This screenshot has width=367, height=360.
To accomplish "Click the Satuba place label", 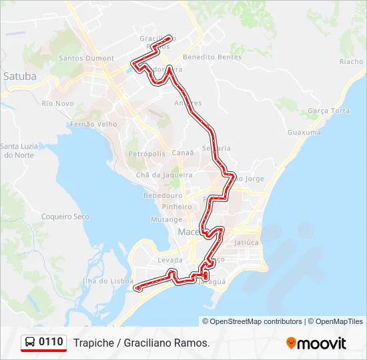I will click(x=20, y=76).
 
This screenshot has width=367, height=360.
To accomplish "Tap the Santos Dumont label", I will click(x=86, y=58).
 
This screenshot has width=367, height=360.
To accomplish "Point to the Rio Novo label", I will click(x=57, y=103).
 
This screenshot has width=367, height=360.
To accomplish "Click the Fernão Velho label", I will click(x=93, y=124).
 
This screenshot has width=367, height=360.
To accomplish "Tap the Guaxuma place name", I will click(x=304, y=133).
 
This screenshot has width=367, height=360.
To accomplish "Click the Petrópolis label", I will click(x=146, y=153).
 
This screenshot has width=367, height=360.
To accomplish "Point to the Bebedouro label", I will click(x=163, y=196).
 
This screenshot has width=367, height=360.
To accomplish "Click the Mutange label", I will click(x=166, y=219).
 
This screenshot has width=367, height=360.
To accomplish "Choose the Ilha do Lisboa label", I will click(x=107, y=281).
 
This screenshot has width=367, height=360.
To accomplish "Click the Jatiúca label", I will click(x=246, y=243).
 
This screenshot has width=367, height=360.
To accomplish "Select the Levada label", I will click(x=169, y=260).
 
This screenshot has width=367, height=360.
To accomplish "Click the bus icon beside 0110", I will click(x=30, y=343).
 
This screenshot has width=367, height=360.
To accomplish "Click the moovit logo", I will click(x=316, y=343).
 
